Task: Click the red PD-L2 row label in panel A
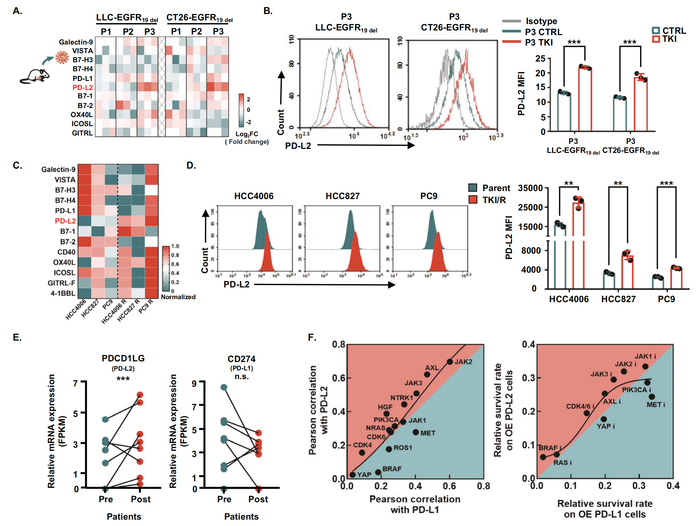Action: point(82,88)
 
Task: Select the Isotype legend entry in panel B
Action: point(541,21)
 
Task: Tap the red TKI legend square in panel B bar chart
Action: point(656,39)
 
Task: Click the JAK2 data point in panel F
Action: point(450,362)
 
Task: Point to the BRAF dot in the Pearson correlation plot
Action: point(378,472)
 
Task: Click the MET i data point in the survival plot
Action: point(651,397)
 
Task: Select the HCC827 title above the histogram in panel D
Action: point(342,196)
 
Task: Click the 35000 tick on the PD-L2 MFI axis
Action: point(530,188)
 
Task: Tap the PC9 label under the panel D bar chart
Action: point(666,299)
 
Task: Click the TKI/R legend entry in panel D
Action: point(494,200)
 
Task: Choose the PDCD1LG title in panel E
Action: point(123,358)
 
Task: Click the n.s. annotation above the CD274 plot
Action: point(241,377)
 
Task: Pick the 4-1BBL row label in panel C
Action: point(63,293)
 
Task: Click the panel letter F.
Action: point(312,337)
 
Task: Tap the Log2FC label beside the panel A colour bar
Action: point(247,134)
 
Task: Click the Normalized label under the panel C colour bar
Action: point(178,297)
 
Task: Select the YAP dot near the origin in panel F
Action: point(352,474)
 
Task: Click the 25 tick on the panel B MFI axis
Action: point(540,59)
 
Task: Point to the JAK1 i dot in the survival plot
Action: point(645,366)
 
